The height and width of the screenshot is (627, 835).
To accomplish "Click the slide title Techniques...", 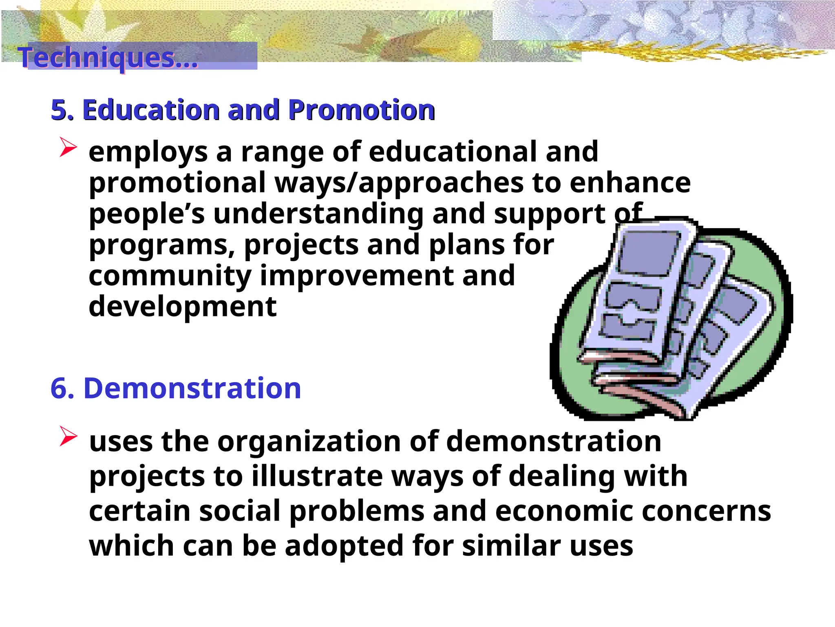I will [x=108, y=58].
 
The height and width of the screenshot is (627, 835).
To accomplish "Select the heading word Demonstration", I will [x=192, y=388].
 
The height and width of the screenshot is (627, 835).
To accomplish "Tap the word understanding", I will [x=318, y=214].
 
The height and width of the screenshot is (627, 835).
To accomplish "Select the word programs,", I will [x=162, y=246].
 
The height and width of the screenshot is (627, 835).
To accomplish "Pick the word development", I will [x=183, y=307].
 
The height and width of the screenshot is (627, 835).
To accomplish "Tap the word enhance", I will [x=630, y=183].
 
